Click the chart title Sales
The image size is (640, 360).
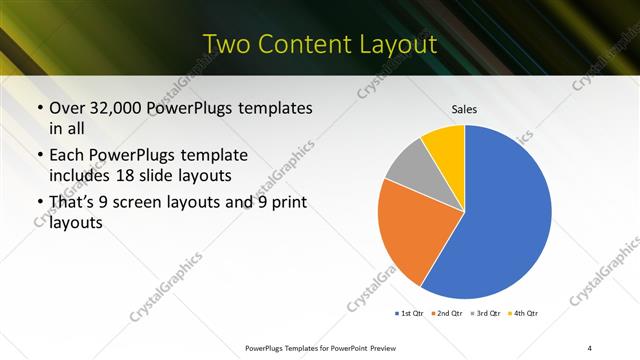(464, 109)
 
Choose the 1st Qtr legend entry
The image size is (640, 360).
(410, 314)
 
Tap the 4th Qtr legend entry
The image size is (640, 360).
(525, 314)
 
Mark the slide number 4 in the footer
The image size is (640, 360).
(590, 347)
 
